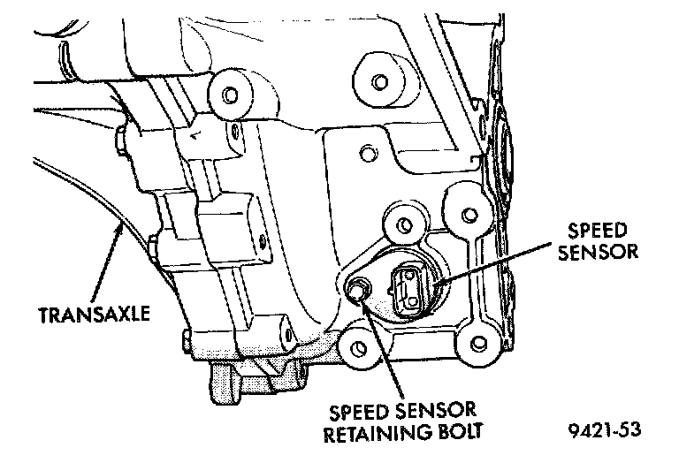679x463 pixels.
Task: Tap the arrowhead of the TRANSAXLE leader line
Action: [119, 227]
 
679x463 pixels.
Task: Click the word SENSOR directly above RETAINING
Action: [439, 412]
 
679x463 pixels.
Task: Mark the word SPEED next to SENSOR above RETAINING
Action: [361, 412]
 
